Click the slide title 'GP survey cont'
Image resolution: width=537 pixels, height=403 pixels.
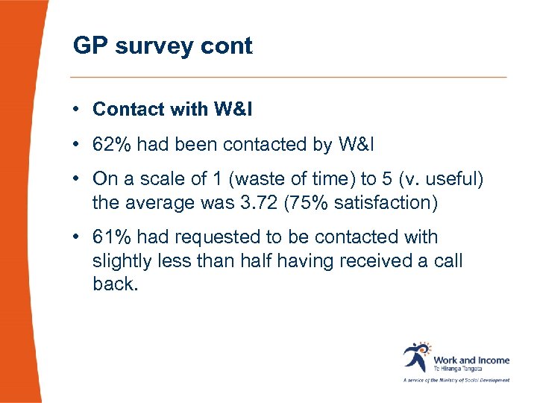pos(163,46)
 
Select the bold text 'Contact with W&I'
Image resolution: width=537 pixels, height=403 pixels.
pos(172,110)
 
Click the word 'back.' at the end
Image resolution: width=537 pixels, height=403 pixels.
pos(116,284)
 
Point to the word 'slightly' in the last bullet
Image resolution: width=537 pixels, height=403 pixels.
pos(122,261)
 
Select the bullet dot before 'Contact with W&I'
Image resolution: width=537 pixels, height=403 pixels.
pos(77,110)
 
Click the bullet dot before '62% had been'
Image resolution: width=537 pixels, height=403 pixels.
pos(77,146)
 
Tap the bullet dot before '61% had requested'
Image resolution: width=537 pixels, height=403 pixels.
pos(77,238)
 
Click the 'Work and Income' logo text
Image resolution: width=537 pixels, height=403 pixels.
pos(471,360)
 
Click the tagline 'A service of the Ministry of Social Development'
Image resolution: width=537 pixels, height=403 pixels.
pos(456,380)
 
